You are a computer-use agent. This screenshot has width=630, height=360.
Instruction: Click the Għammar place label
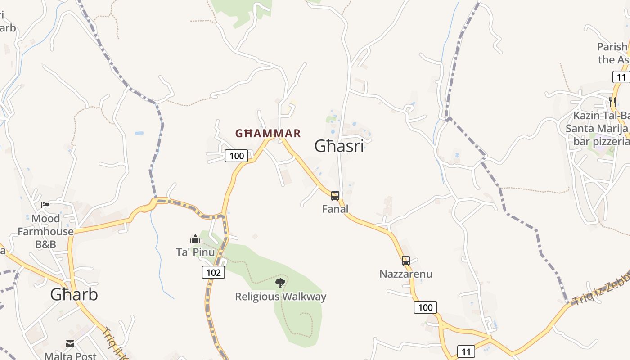pos(268,133)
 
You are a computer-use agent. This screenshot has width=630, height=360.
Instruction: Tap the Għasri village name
pos(339,146)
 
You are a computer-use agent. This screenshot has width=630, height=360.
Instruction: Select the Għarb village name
pos(74,294)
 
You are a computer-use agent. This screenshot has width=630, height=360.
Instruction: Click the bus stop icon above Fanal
pos(335,196)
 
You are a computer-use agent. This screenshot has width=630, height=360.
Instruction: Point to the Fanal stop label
pos(335,209)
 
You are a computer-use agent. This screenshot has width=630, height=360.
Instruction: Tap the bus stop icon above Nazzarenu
pos(406,261)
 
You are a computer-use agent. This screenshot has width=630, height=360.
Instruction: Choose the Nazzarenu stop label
pos(406,274)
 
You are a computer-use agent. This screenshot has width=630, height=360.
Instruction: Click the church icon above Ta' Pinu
pos(195,239)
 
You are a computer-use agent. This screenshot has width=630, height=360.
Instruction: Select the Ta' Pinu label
pos(195,252)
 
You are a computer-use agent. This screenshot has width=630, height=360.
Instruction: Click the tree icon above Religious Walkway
pos(280,283)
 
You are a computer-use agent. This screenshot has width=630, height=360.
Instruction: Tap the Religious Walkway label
pos(281,297)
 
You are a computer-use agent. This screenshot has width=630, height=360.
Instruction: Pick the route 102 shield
pos(213,272)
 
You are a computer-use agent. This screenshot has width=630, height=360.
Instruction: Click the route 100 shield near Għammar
pos(236,156)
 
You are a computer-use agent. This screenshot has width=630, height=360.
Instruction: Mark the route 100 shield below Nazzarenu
pos(425,308)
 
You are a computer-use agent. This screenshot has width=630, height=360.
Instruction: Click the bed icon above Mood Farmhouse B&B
pos(45,205)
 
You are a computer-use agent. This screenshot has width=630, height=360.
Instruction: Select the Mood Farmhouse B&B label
pos(45,231)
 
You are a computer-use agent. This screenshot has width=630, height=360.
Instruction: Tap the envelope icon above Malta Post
pos(70,344)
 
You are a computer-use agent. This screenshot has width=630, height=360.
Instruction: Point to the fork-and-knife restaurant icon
pos(612,102)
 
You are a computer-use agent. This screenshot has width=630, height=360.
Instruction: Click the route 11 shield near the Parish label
pos(621,77)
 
